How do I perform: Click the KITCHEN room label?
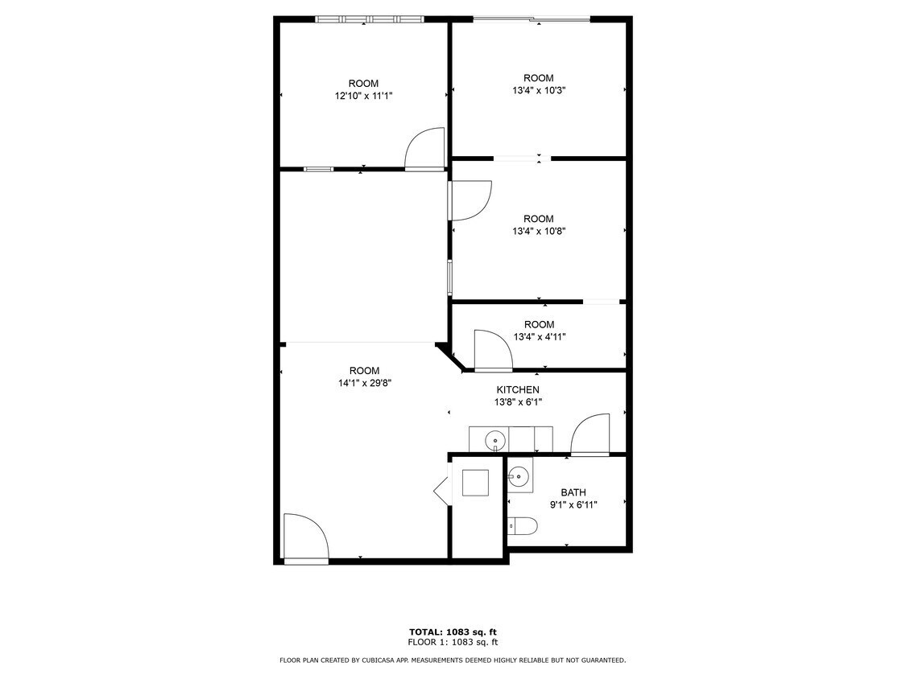point(517,389)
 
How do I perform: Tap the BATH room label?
point(573,492)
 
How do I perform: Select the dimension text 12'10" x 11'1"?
point(363,96)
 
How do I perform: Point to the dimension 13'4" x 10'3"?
point(539,90)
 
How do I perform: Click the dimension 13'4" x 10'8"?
point(539,231)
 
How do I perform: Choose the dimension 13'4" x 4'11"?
point(539,337)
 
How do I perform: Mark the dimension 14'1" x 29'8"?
point(364,384)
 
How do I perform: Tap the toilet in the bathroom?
point(524,527)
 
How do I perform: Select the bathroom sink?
point(520,475)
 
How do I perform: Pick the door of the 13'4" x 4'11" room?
point(493,351)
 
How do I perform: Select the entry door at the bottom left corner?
point(305,537)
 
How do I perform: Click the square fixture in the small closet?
point(475,482)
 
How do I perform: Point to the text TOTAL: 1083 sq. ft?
point(453,632)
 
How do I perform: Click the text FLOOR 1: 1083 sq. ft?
point(453,642)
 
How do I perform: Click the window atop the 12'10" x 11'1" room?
point(369,19)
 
